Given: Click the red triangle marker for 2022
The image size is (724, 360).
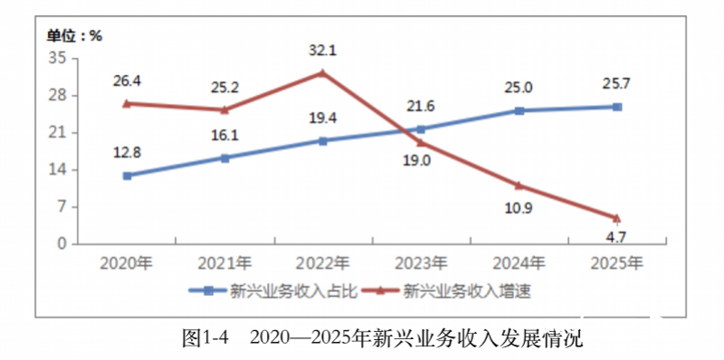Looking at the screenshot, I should click(x=323, y=72).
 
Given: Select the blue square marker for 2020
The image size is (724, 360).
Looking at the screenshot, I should click(x=127, y=175).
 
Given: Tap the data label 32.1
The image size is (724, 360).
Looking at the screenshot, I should click(x=323, y=51).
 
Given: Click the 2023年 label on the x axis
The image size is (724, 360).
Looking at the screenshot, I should click(x=421, y=263).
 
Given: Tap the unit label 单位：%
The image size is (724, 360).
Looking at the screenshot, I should click(x=75, y=36).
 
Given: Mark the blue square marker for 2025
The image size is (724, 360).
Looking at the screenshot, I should click(x=617, y=107).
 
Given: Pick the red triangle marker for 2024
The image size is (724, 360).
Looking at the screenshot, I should click(x=519, y=185).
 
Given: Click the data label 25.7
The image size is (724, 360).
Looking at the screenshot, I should click(x=617, y=83).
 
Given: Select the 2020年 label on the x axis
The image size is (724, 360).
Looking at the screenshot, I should click(x=127, y=263).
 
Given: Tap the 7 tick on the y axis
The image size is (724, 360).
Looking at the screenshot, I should click(x=62, y=207).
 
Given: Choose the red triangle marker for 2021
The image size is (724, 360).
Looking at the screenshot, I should click(x=224, y=109).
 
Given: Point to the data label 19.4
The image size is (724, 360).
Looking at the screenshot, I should click(x=323, y=118).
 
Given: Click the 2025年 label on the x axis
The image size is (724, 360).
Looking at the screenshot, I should click(x=617, y=263).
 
